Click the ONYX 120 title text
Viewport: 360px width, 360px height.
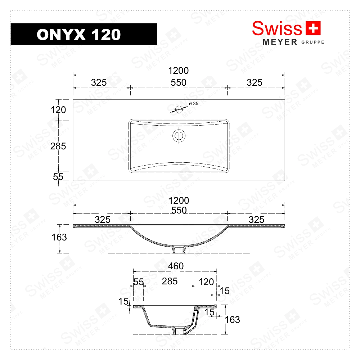coord(78,35)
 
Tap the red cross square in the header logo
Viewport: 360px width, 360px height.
coord(312,28)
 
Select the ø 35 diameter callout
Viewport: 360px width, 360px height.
coord(194,104)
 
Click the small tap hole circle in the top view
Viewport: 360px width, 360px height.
coord(179,109)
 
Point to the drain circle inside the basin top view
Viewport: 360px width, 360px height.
coord(179,136)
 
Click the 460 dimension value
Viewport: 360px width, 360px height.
coord(176,266)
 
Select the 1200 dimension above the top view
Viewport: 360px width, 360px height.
coord(179,71)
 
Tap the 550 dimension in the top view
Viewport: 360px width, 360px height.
coord(179,83)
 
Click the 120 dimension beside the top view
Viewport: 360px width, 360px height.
coord(59,110)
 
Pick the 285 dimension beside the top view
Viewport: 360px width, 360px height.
coord(59,146)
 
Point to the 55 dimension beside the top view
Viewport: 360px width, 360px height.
coord(58,176)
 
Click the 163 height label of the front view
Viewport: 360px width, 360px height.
coord(59,237)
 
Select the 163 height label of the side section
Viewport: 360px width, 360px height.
coord(232,320)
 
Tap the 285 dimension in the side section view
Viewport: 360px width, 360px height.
coord(170,281)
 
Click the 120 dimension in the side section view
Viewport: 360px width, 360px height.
coord(206,282)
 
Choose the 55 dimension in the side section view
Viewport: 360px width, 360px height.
coord(139,282)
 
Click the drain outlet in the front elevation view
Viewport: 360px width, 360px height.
coord(179,249)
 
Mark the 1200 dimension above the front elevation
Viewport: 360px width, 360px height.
coord(179,201)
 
